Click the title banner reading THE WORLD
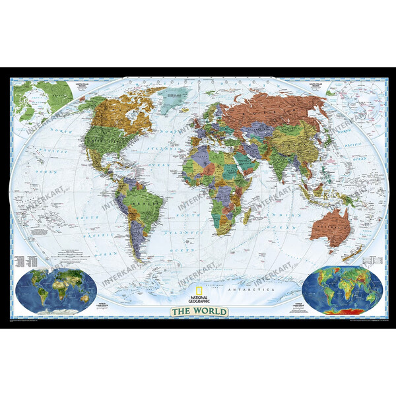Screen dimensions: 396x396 (x=198, y=311)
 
